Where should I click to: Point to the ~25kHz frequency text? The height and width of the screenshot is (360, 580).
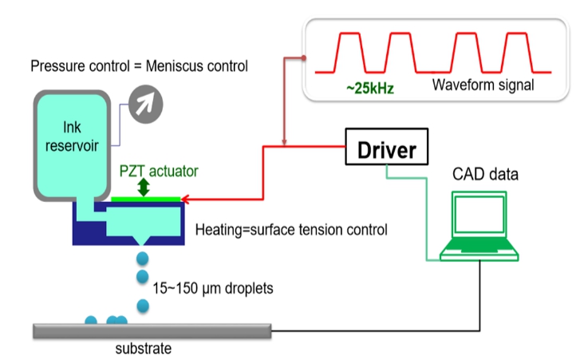pyautogui.click(x=369, y=86)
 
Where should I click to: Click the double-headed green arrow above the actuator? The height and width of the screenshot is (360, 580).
pyautogui.click(x=144, y=187)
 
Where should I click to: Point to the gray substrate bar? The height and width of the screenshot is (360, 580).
pyautogui.click(x=152, y=330)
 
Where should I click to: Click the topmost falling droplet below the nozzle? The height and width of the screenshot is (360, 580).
pyautogui.click(x=144, y=258)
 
